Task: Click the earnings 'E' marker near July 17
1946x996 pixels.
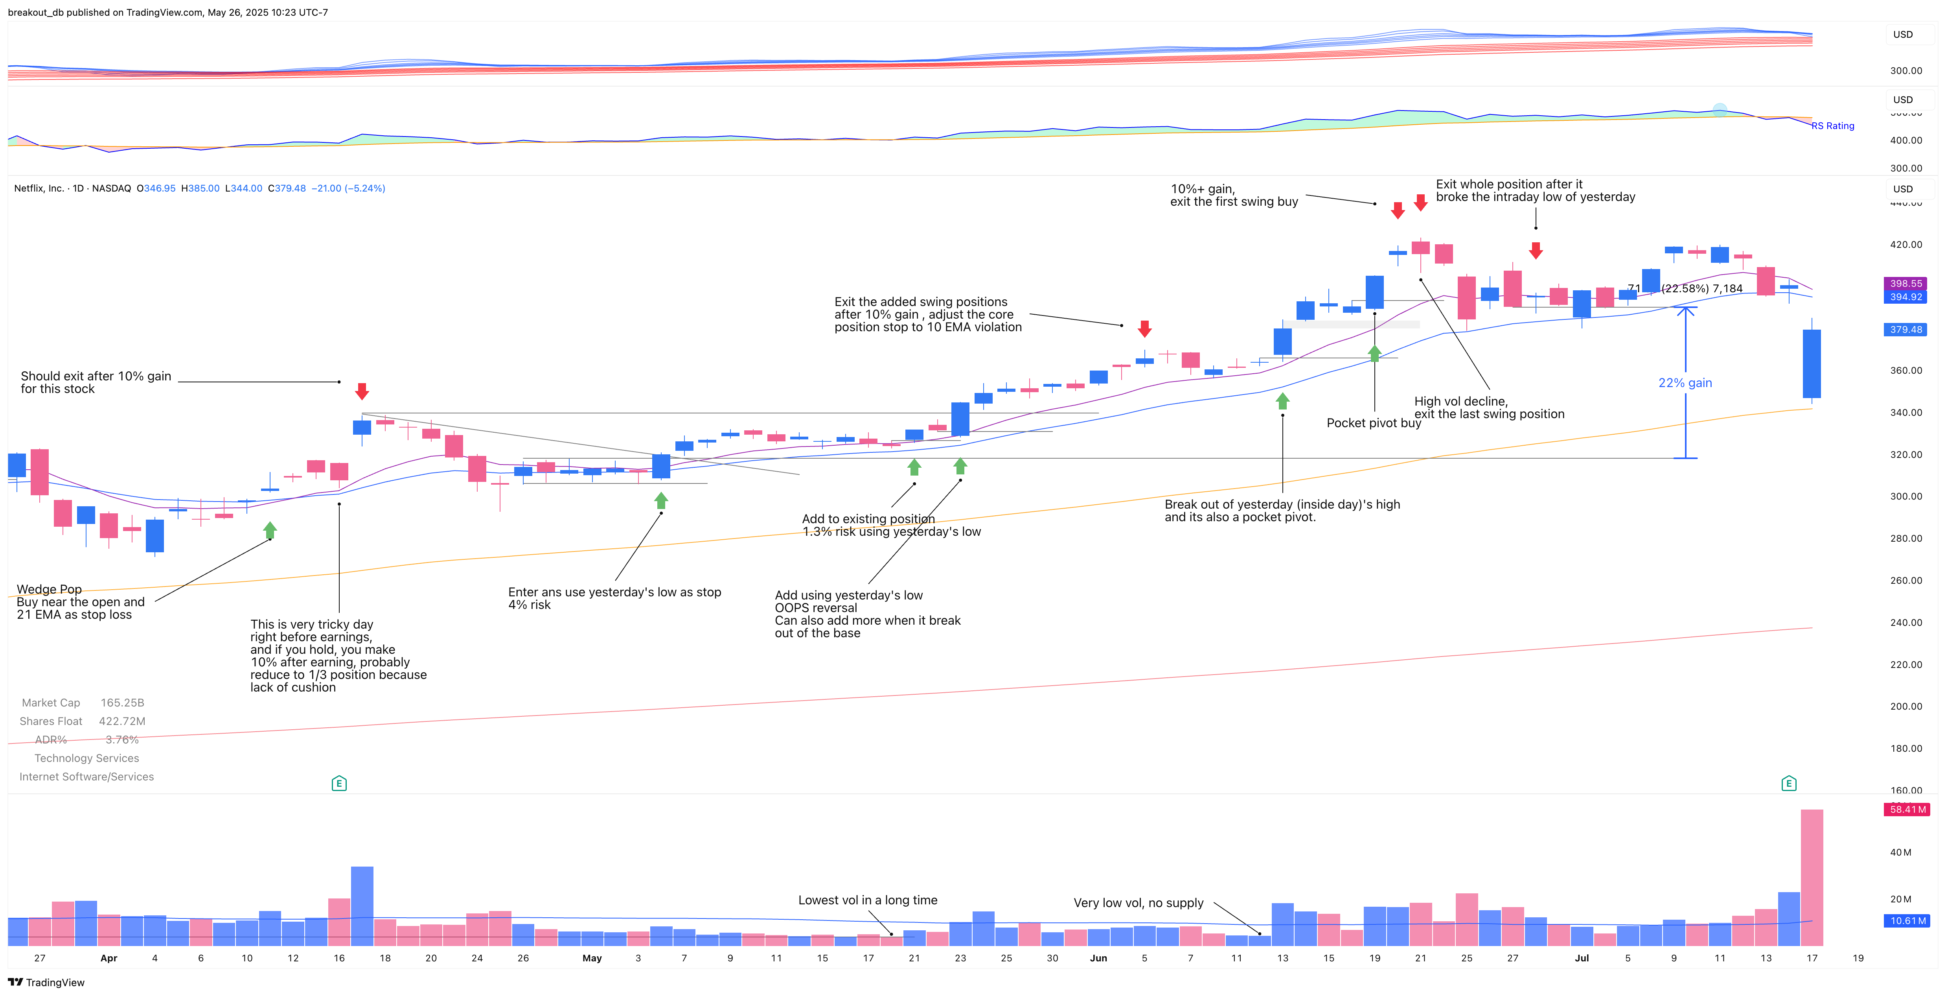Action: [1788, 784]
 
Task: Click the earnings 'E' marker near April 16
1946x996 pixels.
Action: [339, 784]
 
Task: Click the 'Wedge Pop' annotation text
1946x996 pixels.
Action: [49, 589]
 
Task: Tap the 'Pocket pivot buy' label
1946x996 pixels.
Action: [1373, 423]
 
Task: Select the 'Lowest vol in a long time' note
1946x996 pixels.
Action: [867, 900]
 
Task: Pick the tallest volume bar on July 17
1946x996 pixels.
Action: [1812, 876]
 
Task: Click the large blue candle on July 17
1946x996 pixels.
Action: [1812, 363]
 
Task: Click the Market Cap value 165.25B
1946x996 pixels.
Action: [122, 703]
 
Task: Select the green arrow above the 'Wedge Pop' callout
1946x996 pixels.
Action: [270, 531]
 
